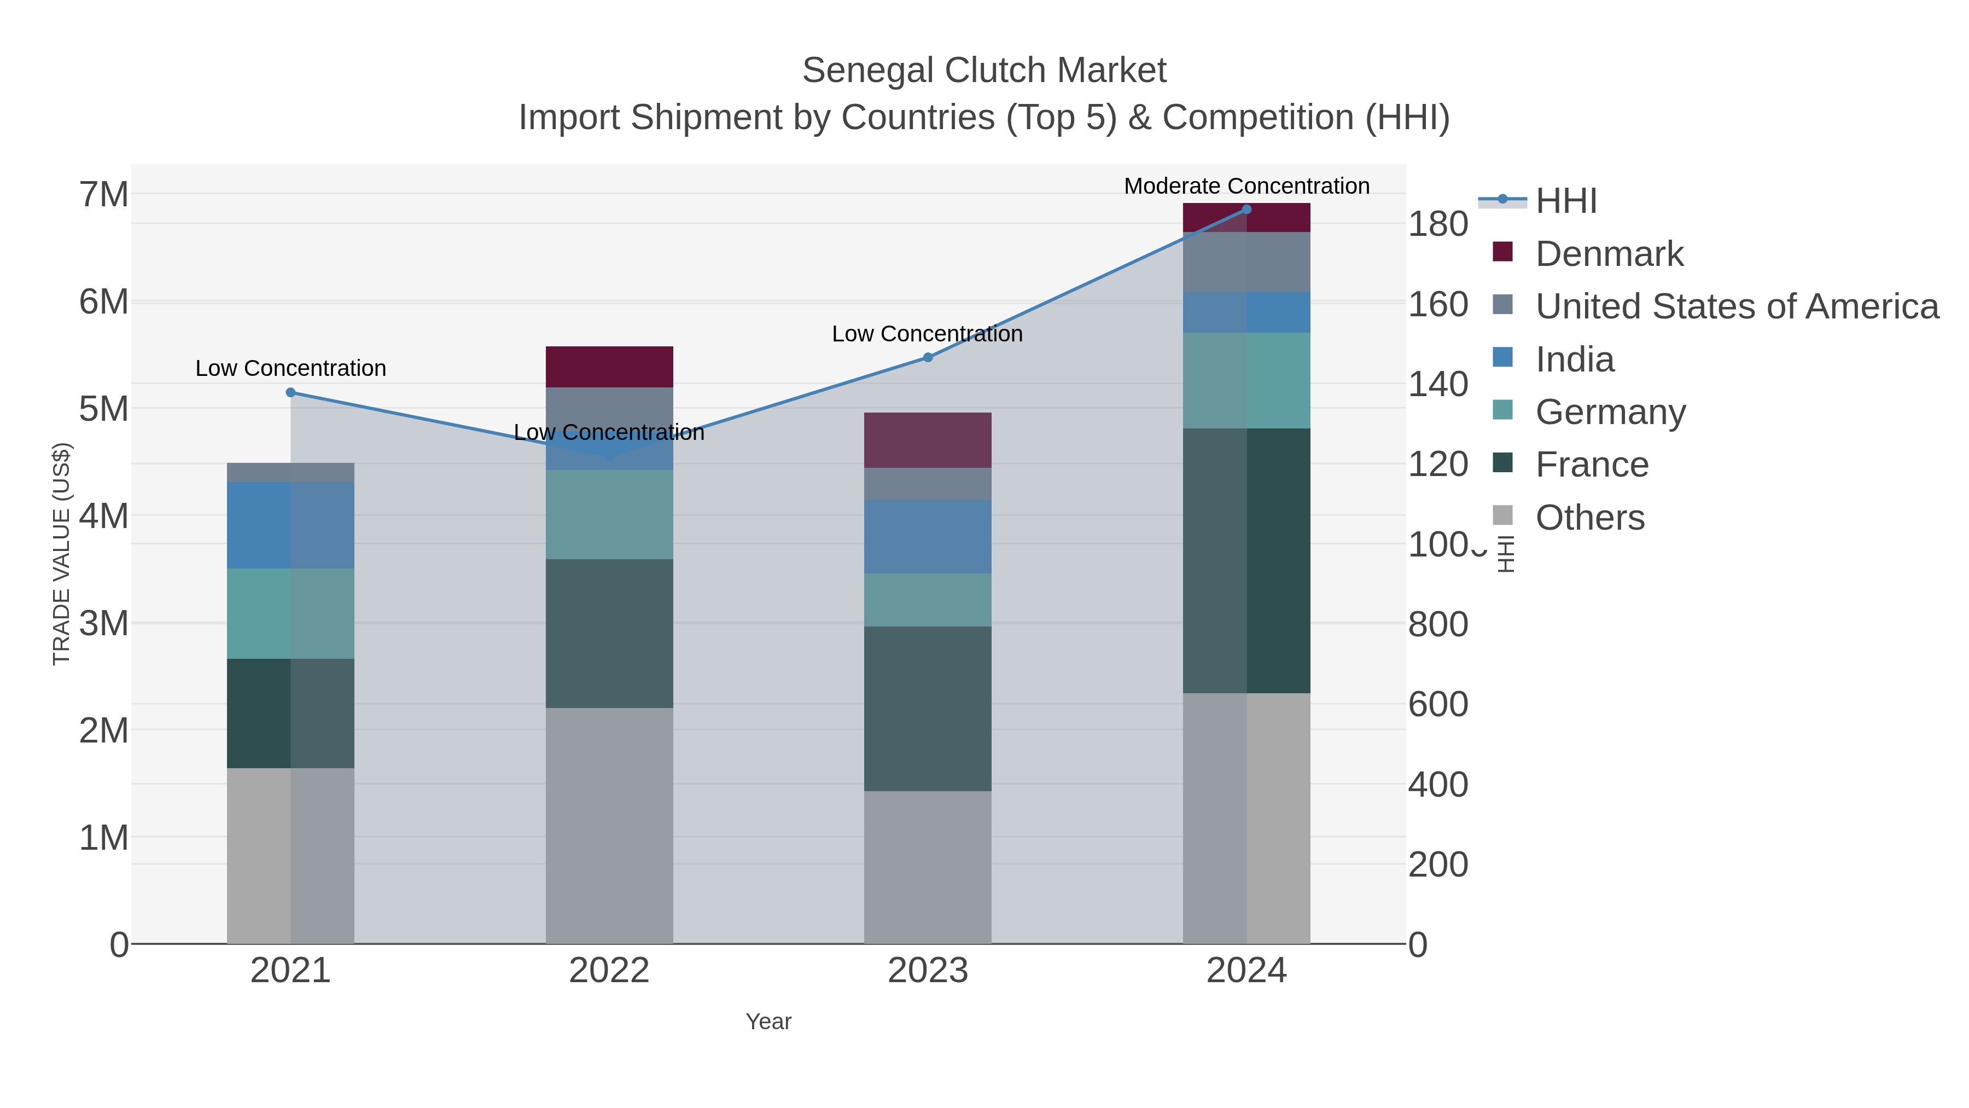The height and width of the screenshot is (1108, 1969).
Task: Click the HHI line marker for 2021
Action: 290,392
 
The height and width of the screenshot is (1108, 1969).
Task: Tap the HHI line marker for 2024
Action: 1246,209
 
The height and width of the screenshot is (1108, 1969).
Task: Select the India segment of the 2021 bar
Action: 290,525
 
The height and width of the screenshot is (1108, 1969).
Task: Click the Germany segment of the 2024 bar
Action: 1246,380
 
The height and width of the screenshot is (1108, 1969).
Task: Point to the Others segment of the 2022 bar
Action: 609,825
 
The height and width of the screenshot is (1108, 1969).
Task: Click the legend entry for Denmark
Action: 1609,254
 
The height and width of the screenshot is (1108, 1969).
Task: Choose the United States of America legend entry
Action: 1737,306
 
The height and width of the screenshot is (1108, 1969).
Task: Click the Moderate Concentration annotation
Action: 1246,186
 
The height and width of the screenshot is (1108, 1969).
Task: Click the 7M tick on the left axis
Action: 104,194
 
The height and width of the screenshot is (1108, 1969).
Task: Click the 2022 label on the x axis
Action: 609,970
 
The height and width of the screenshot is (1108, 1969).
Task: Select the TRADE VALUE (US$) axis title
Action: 61,554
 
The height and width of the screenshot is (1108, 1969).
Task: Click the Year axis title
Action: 768,1022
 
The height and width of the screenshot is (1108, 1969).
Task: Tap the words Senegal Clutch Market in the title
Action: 984,71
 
